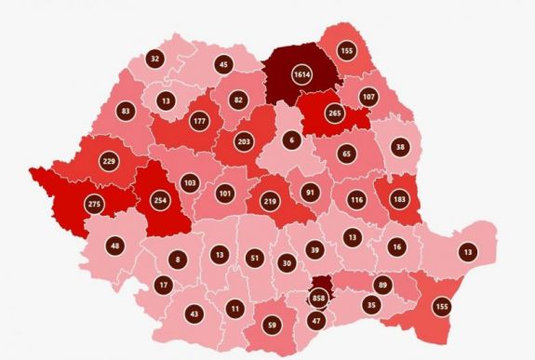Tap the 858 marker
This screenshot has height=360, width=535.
pyautogui.click(x=320, y=299)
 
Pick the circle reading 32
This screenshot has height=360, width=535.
pyautogui.click(x=154, y=59)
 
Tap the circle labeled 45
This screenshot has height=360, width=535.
pyautogui.click(x=223, y=64)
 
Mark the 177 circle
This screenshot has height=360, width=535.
pyautogui.click(x=198, y=120)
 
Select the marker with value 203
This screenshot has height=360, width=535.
pyautogui.click(x=245, y=141)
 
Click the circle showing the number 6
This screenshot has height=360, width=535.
pyautogui.click(x=291, y=140)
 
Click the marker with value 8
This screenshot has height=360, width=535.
pyautogui.click(x=178, y=260)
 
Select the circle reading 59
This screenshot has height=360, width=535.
pyautogui.click(x=273, y=326)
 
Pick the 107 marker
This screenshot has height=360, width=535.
pyautogui.click(x=368, y=97)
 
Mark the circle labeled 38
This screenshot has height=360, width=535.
pyautogui.click(x=399, y=146)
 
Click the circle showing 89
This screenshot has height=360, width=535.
pyautogui.click(x=381, y=285)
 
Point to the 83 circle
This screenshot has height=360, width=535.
pyautogui.click(x=126, y=113)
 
